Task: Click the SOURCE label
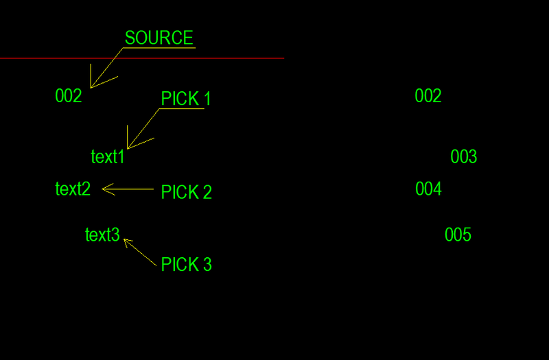tap(159, 38)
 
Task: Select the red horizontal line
tap(206, 58)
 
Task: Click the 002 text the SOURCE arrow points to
tap(69, 96)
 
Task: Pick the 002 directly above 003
tap(428, 96)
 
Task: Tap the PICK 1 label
tap(186, 99)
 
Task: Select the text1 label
tap(108, 157)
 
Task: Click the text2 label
tap(73, 189)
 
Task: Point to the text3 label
tap(102, 235)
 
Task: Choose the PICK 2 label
tap(186, 193)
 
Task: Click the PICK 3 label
tap(186, 265)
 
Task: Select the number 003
tap(464, 157)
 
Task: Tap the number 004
tap(428, 189)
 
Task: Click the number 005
tap(458, 235)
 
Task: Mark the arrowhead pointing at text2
tap(104, 189)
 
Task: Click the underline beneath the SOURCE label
tap(159, 48)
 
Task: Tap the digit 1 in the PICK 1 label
tap(207, 99)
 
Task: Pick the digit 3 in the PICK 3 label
tap(207, 265)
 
